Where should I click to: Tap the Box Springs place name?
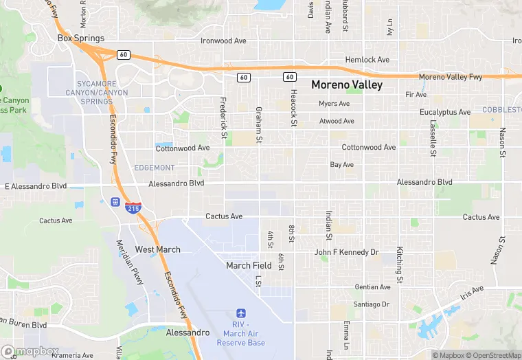(81, 38)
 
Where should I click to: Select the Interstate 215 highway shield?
(134, 207)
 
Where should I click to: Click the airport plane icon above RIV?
(240, 313)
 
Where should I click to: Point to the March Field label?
(249, 265)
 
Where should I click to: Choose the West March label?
(157, 249)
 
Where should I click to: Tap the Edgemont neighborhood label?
(155, 168)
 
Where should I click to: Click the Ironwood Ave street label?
(223, 41)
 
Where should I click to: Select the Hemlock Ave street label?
(367, 60)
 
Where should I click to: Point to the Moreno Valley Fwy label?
(451, 77)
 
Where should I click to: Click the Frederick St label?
(223, 117)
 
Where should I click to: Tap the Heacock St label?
(293, 108)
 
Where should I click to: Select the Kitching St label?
(398, 265)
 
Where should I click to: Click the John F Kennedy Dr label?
(347, 252)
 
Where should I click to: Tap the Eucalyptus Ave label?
(445, 112)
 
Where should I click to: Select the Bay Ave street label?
(342, 165)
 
